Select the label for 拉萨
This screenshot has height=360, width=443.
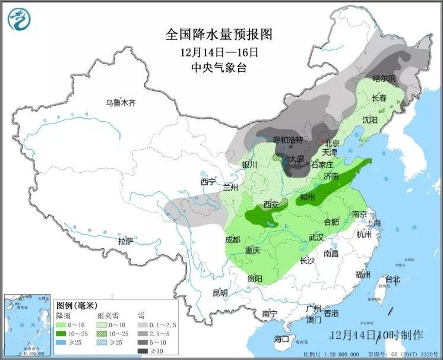click(x=125, y=241)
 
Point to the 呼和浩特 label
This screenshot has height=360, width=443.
click(x=288, y=140)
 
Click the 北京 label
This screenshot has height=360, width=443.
click(x=331, y=143)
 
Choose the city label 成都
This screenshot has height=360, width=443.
click(x=233, y=239)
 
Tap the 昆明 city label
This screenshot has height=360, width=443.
click(x=220, y=292)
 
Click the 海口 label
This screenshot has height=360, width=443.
click(x=281, y=339)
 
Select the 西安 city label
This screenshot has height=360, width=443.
click(x=271, y=204)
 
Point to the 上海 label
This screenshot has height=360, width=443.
click(x=374, y=222)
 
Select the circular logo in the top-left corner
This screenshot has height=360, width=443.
click(x=18, y=19)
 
